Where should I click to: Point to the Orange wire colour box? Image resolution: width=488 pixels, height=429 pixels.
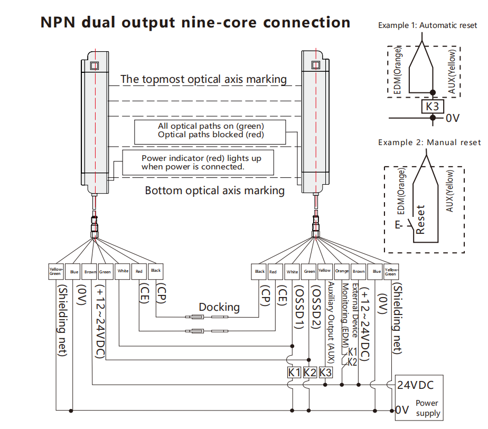342,271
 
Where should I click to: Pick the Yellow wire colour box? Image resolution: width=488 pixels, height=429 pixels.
325,271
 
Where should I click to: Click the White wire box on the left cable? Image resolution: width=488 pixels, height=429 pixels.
123,271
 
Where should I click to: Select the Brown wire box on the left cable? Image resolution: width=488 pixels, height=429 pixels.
90,272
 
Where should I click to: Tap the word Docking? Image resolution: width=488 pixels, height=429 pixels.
219,307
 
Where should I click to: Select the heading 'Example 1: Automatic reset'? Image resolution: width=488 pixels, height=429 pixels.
427,25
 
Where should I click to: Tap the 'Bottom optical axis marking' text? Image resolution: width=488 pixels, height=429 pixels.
214,190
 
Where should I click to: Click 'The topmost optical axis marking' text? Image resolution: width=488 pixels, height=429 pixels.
203,79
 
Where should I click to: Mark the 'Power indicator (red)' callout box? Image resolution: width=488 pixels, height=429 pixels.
198,162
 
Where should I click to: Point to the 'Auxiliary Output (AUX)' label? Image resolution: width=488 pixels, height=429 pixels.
331,322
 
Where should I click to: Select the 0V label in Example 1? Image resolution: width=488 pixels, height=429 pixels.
453,118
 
